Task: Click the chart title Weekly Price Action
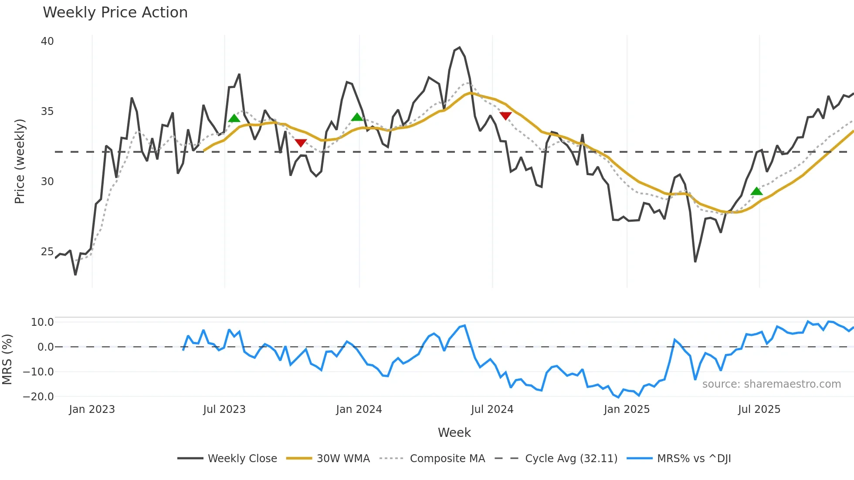coord(115,13)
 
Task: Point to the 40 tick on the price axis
coord(47,41)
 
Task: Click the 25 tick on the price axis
coord(47,252)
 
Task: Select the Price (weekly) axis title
coord(20,161)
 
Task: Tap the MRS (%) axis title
coord(7,359)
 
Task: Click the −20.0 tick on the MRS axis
coord(38,397)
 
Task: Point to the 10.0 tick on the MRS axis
coord(42,322)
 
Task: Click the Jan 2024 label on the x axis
coord(359,409)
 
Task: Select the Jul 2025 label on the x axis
coord(759,409)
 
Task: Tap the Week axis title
coord(454,433)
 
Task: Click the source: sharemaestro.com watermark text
coord(771,384)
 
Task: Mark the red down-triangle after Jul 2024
coord(505,116)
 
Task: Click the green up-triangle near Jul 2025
coord(756,191)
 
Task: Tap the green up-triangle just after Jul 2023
coord(234,118)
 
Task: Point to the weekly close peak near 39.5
coord(459,48)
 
